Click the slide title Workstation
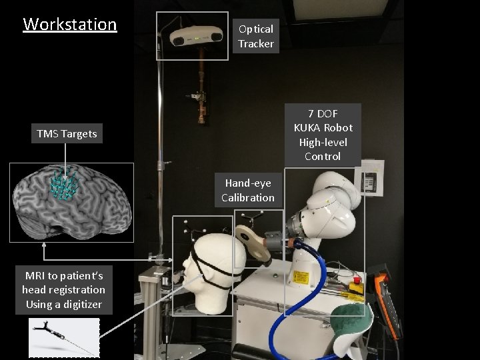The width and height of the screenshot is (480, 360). pyautogui.click(x=70, y=25)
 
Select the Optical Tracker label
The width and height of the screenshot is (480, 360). pyautogui.click(x=256, y=36)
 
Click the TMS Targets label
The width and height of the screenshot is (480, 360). pyautogui.click(x=67, y=134)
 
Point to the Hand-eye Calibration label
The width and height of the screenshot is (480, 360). pyautogui.click(x=248, y=190)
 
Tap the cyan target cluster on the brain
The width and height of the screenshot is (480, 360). pyautogui.click(x=65, y=186)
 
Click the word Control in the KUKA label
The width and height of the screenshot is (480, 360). pyautogui.click(x=323, y=157)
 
